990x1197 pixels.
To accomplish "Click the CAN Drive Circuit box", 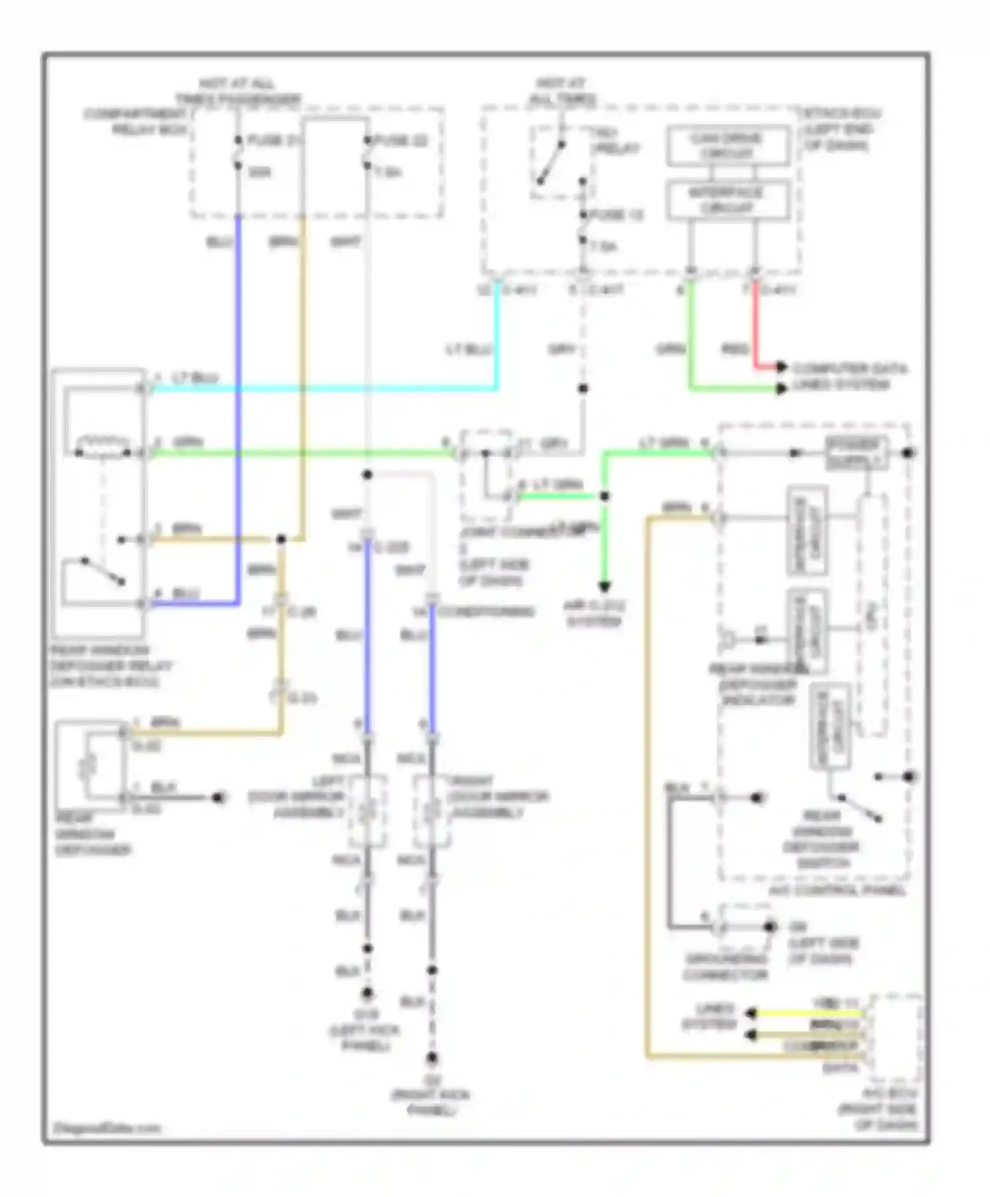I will [728, 146].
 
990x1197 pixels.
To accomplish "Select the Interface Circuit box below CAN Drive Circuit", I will [728, 200].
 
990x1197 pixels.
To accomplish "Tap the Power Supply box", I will [856, 453].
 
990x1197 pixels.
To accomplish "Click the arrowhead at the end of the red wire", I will [781, 366].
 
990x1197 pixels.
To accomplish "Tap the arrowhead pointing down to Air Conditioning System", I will [604, 585].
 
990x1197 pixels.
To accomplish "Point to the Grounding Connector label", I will [725, 967].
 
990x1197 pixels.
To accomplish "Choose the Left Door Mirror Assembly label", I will [297, 797].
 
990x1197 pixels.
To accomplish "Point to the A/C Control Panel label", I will [838, 891].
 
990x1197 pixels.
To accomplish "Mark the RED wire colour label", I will [735, 349].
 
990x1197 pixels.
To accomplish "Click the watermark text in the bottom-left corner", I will [106, 1128].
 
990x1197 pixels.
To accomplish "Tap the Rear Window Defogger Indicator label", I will [758, 685].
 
